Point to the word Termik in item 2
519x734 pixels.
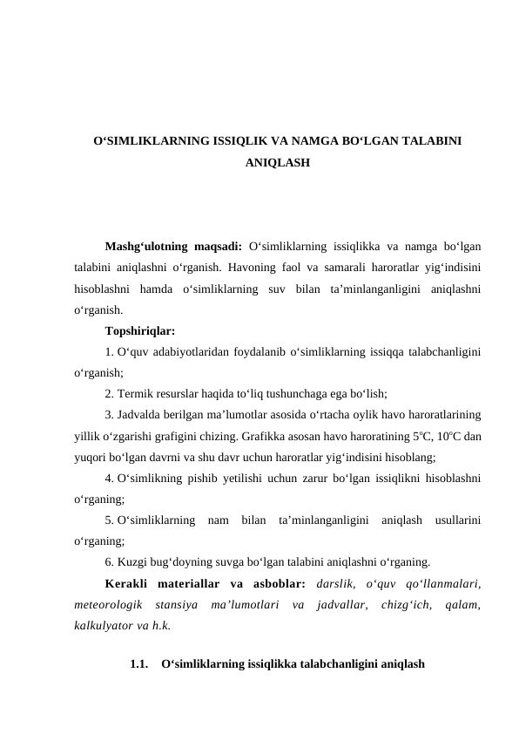138,393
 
